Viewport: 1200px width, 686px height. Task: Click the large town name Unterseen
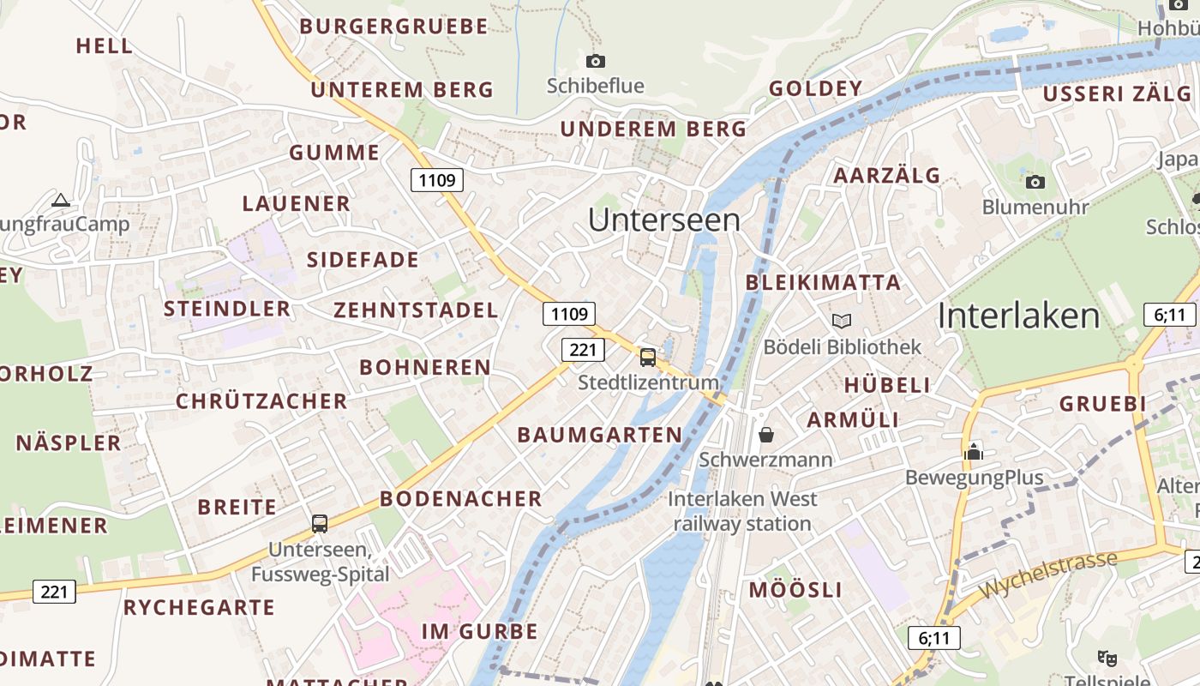(x=664, y=220)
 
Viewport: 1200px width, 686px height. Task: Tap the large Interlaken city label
(x=1018, y=316)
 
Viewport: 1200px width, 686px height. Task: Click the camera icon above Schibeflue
(x=596, y=61)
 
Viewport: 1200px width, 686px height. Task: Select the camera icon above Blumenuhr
(x=1035, y=182)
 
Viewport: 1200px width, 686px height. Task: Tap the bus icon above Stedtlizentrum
(x=648, y=357)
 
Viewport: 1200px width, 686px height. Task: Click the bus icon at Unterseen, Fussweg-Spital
(x=320, y=523)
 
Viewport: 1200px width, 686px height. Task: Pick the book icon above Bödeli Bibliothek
(x=842, y=321)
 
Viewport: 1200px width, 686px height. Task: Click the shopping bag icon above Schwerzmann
(x=766, y=435)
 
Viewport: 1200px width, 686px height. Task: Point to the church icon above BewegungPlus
(x=974, y=451)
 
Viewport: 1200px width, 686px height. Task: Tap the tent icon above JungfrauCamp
(x=60, y=201)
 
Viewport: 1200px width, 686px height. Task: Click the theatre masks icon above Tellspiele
(x=1107, y=658)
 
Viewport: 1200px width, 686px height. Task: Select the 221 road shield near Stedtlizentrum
(x=583, y=350)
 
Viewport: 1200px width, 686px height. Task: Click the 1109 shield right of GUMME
(x=437, y=180)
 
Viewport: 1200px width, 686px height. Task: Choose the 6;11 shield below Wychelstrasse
(x=934, y=638)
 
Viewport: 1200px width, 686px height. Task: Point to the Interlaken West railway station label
(x=742, y=511)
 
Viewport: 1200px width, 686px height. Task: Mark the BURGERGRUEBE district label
(x=393, y=27)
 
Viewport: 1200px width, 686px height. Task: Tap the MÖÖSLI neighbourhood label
(x=795, y=590)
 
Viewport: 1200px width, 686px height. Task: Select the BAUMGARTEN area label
(x=600, y=435)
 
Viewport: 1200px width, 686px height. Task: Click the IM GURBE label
(x=480, y=632)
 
